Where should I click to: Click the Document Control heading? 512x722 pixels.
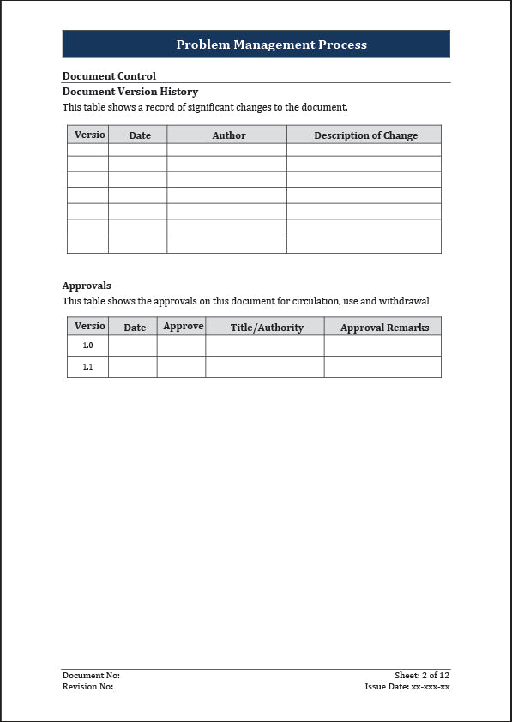(109, 75)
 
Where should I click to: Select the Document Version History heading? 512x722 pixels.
(130, 92)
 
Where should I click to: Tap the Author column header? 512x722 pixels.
(228, 135)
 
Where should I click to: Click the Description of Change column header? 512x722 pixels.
(365, 135)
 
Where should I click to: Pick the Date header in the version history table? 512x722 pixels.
(139, 135)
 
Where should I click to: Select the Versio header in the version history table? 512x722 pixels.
(89, 135)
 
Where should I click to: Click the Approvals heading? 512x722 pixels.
(87, 286)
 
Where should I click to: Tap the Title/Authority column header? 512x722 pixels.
(267, 328)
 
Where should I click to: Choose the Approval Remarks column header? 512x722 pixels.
(384, 328)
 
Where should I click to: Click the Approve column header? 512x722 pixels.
(183, 327)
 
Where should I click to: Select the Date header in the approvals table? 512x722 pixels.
(135, 328)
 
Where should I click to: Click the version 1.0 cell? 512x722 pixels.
(87, 346)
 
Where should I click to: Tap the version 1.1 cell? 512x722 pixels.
(87, 367)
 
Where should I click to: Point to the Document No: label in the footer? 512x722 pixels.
(91, 676)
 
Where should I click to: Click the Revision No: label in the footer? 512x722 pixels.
(87, 687)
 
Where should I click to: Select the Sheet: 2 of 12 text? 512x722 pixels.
(422, 676)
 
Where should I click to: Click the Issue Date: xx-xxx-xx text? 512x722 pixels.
(407, 687)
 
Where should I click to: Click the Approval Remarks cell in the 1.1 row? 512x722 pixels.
(382, 367)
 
